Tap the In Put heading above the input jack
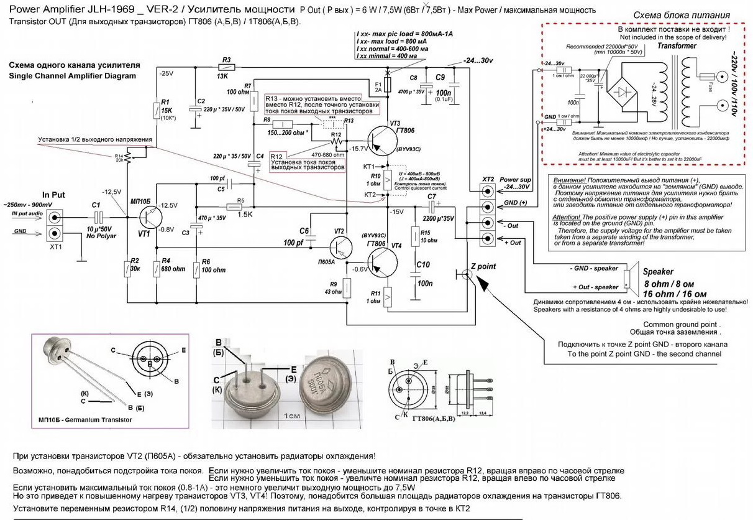54,193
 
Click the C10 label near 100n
423,264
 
